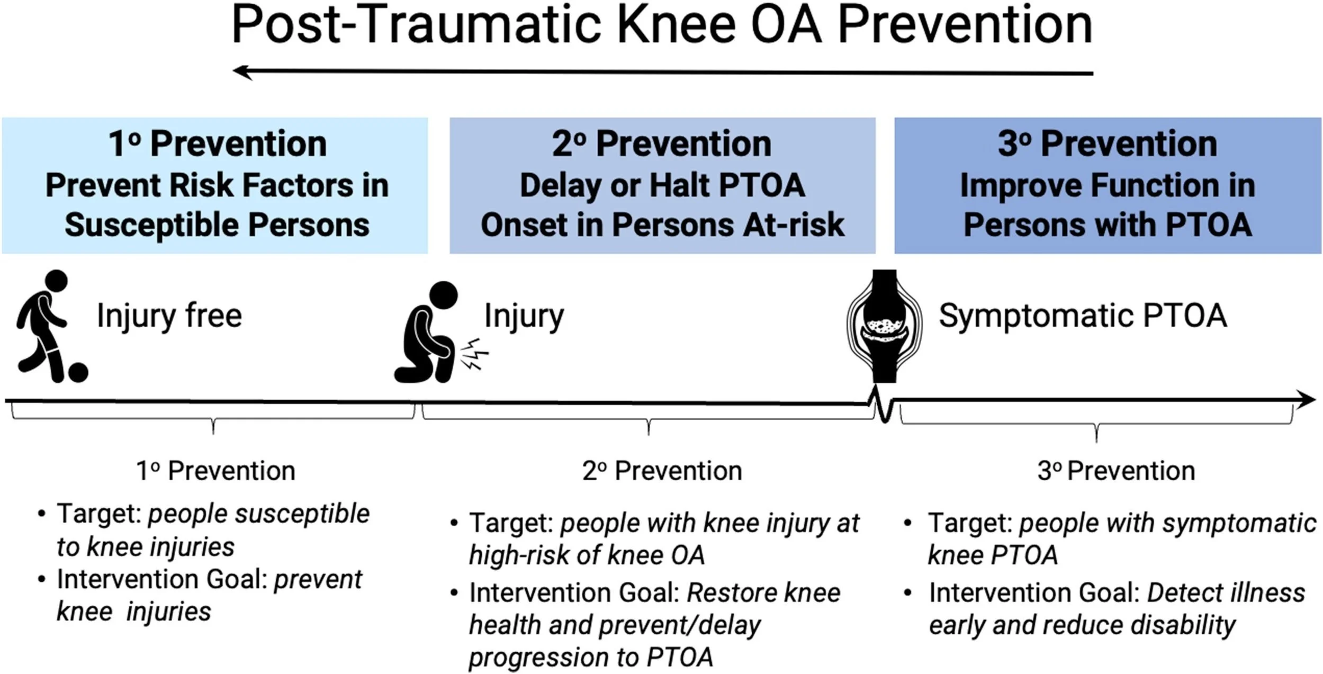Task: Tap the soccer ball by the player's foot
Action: (x=78, y=372)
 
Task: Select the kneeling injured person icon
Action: (x=426, y=334)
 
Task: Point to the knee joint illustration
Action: (x=884, y=326)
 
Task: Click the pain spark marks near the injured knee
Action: (x=474, y=355)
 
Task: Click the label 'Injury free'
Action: (x=169, y=316)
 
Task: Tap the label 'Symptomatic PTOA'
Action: (x=1083, y=316)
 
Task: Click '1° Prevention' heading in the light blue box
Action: (x=217, y=144)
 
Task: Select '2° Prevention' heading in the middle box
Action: (x=662, y=144)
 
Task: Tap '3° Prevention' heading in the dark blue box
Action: (x=1108, y=144)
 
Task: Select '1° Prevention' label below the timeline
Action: (x=215, y=471)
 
